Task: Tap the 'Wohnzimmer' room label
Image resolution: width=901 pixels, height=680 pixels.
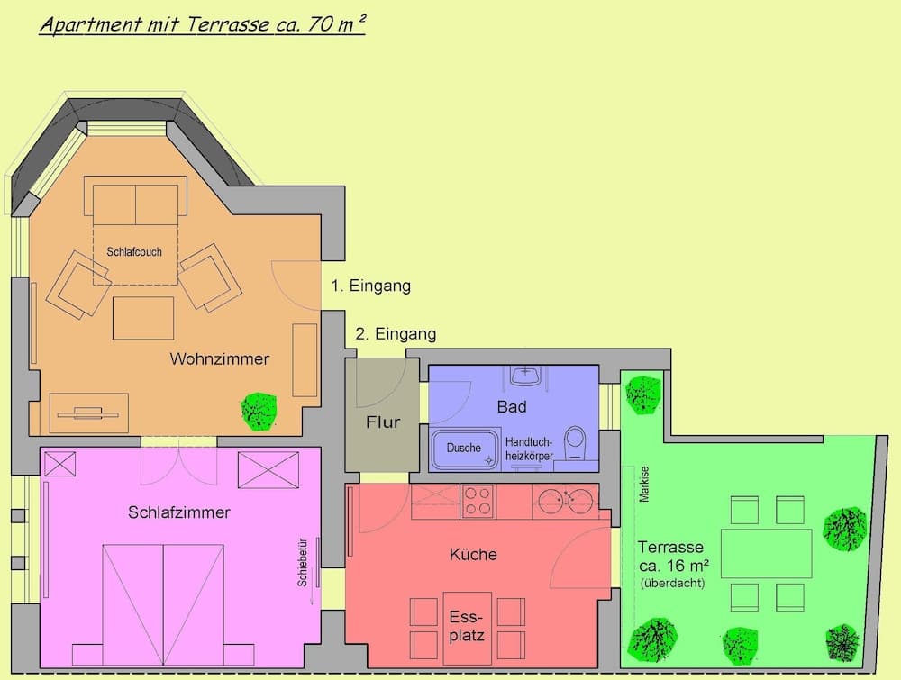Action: [x=220, y=359]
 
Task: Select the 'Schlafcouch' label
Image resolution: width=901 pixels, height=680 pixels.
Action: [x=134, y=252]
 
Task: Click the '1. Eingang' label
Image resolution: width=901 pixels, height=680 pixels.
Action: [x=370, y=286]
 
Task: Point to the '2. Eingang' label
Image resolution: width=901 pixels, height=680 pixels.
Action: [x=396, y=334]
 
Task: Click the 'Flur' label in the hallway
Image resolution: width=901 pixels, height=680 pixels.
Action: [x=382, y=422]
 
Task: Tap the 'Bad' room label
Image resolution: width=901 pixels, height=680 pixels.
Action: [x=512, y=407]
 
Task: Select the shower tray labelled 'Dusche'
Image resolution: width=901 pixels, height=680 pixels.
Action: [x=465, y=449]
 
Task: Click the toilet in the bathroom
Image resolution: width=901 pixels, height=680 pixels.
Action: [x=574, y=443]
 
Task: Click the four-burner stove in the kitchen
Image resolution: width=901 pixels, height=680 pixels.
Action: [x=478, y=501]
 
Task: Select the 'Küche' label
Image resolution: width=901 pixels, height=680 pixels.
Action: [x=473, y=555]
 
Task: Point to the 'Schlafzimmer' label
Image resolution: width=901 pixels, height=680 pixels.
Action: [x=179, y=513]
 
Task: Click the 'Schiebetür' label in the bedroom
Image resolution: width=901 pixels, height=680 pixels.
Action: [x=303, y=564]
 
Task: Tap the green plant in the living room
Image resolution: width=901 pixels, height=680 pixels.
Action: [x=259, y=409]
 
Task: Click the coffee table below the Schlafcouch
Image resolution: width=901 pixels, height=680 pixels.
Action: [x=143, y=317]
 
